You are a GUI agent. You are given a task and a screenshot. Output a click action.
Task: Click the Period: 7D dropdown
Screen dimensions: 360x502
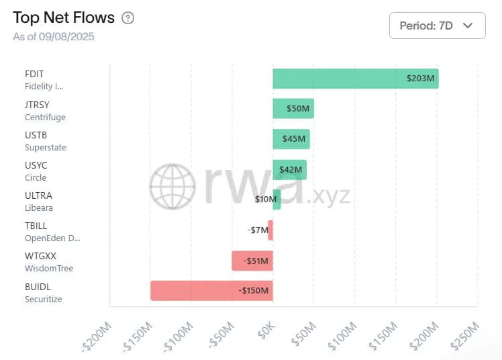[x=437, y=26]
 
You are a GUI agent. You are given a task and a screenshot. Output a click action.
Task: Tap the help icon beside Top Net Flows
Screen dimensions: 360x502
[x=128, y=18]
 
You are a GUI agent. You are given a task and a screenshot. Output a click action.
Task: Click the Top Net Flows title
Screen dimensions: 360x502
[x=64, y=18]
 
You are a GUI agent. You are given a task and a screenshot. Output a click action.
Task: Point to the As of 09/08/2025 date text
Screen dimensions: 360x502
[x=54, y=36]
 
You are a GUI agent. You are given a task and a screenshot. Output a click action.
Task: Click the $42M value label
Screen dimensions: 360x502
[x=291, y=170]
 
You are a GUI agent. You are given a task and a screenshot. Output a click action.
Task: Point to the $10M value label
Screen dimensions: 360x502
[x=266, y=199]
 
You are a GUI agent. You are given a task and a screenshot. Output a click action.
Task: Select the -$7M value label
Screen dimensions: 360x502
[x=257, y=230]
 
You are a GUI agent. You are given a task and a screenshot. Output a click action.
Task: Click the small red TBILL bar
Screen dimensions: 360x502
[x=270, y=230]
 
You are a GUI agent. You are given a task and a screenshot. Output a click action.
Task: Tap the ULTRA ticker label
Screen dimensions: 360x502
[x=38, y=195]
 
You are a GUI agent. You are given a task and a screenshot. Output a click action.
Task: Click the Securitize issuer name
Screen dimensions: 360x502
[x=44, y=299]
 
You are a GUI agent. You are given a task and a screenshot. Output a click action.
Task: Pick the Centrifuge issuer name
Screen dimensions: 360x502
[x=45, y=117]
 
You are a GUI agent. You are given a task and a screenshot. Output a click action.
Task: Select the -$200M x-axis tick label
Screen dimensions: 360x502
[x=96, y=337]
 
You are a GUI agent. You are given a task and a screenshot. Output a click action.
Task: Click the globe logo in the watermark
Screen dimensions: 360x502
[x=172, y=186]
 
